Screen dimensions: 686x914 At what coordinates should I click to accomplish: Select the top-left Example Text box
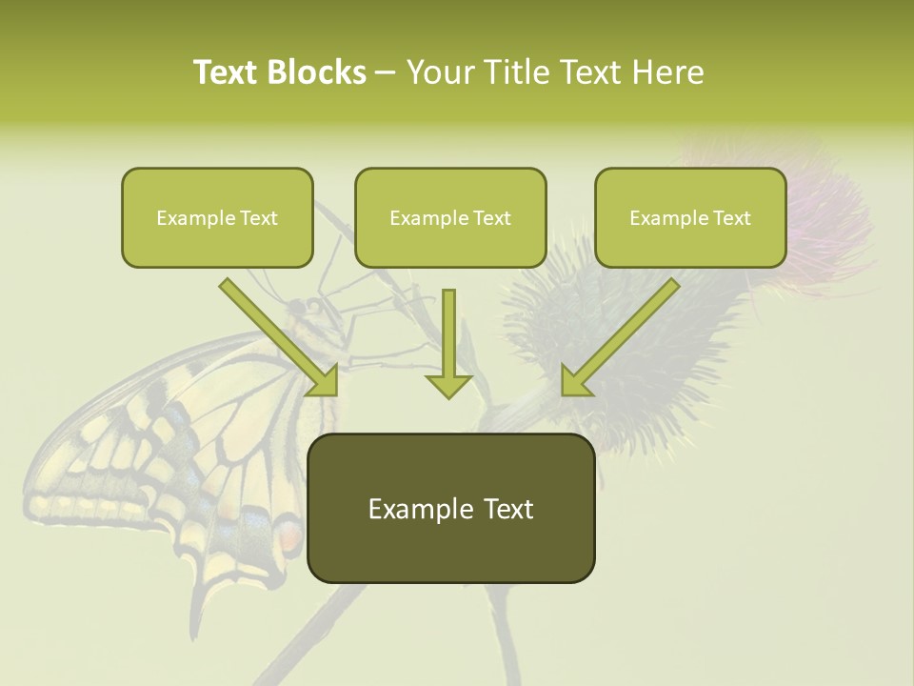[217, 218]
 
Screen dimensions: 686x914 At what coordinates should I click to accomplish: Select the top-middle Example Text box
[450, 218]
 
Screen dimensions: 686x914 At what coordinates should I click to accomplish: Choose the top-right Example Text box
[690, 218]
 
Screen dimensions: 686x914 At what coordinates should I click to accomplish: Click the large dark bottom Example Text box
[450, 509]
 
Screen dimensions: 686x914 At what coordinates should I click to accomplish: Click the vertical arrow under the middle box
[448, 338]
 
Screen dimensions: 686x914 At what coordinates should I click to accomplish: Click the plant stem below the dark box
[499, 629]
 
